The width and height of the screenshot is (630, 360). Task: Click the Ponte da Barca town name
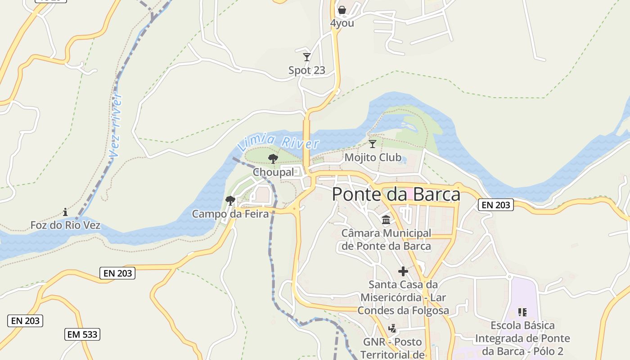coord(396,194)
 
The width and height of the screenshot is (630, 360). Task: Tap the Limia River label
coord(278,142)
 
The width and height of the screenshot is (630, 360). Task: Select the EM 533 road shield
coord(82,334)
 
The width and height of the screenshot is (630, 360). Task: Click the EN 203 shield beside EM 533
coord(25,321)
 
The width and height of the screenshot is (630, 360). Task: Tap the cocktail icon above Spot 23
coord(307,57)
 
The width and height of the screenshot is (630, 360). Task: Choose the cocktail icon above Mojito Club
coord(372,144)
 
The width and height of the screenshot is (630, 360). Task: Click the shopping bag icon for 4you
coord(342,10)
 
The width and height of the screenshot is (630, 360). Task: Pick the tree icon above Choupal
coord(273,158)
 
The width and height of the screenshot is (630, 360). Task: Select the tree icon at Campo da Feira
coord(230,200)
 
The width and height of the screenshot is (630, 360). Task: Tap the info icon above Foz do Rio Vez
coord(65,211)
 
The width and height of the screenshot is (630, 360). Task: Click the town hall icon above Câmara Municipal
coord(386,220)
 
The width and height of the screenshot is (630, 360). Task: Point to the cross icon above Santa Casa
coord(403,271)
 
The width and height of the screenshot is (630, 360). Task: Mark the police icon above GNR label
coord(392,328)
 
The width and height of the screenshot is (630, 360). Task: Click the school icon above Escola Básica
coord(522,312)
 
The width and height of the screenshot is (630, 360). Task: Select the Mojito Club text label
coord(373,157)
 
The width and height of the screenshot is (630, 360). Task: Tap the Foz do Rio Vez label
coord(65,225)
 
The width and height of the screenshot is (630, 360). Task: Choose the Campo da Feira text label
coord(230,214)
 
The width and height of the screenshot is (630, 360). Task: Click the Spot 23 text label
coord(307,71)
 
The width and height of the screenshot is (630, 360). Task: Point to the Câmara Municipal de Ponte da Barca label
coord(386,240)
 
